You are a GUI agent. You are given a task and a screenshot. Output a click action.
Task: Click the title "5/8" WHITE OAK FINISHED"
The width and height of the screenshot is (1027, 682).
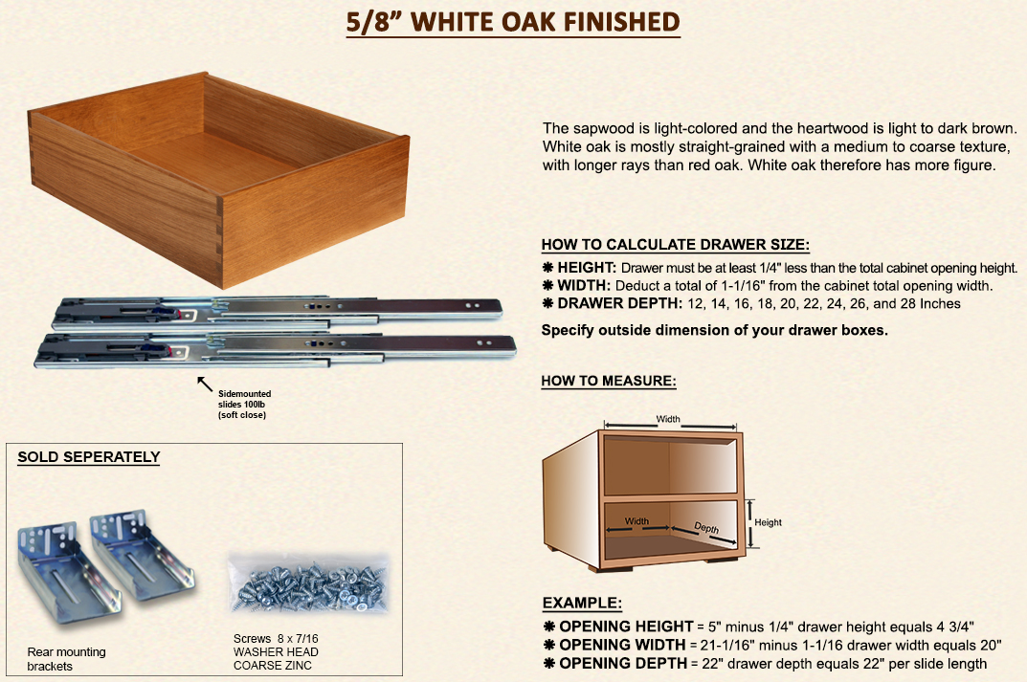click(x=513, y=22)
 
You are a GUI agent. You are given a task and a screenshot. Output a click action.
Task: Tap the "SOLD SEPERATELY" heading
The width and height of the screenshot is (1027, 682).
click(x=89, y=457)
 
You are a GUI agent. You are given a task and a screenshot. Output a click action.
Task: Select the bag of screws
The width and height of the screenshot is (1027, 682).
click(x=308, y=584)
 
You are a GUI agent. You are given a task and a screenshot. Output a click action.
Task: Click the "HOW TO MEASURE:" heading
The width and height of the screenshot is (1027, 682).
click(x=609, y=381)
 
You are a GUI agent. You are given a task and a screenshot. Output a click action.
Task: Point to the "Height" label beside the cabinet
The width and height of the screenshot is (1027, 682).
click(x=768, y=522)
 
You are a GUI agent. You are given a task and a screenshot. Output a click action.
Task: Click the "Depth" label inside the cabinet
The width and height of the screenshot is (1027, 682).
click(x=706, y=528)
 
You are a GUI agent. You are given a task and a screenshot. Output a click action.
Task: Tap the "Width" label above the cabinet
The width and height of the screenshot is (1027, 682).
click(x=668, y=419)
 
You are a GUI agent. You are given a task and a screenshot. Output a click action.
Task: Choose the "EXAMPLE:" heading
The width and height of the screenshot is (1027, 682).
click(x=582, y=603)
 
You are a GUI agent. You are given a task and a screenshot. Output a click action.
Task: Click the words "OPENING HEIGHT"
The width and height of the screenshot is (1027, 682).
click(x=626, y=627)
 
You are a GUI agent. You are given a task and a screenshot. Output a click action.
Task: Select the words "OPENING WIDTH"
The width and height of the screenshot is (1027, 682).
click(x=622, y=645)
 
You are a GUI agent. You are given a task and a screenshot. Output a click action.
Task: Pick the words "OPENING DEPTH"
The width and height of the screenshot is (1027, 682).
click(x=623, y=663)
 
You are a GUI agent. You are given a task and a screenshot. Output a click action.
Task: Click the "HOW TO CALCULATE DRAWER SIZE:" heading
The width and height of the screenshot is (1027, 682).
click(x=676, y=245)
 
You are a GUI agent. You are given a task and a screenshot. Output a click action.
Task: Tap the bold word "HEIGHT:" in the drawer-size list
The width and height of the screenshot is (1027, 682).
click(x=587, y=268)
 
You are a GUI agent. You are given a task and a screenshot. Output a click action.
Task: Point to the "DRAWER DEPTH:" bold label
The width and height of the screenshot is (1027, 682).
click(x=619, y=303)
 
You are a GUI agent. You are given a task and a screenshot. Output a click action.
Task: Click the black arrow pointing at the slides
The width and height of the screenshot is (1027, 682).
click(x=205, y=384)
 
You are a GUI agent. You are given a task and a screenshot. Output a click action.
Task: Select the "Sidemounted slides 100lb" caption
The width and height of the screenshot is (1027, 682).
click(x=244, y=399)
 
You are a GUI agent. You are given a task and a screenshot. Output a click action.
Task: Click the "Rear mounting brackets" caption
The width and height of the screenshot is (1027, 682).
click(x=66, y=659)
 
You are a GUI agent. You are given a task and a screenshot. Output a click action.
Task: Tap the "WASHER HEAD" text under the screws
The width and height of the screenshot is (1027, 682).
click(x=276, y=652)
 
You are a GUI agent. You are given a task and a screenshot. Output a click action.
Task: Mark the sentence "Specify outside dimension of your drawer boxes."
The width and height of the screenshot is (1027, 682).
click(x=715, y=331)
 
